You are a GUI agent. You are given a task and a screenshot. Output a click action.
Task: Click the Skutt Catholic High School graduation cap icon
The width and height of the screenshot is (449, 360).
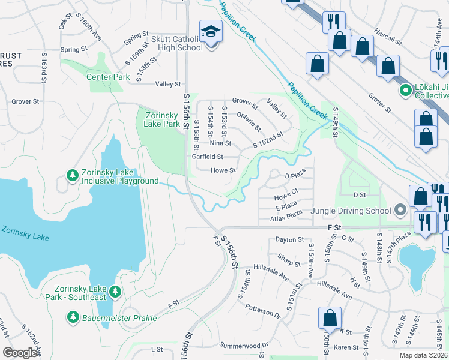[211, 31]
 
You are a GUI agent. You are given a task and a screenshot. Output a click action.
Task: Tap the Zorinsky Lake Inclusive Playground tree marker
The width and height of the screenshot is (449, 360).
[73, 175]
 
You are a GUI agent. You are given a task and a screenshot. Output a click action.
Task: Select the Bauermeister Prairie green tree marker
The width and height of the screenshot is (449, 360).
[73, 316]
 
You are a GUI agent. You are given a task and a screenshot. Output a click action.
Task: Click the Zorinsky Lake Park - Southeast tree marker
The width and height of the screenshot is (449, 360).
[115, 292]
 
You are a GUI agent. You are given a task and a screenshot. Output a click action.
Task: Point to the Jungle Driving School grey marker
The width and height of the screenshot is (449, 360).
[400, 211]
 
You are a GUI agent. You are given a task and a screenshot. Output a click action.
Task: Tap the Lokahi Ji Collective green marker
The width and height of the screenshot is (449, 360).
[405, 91]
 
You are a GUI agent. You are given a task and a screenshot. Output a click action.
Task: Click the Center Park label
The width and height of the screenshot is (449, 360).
[108, 77]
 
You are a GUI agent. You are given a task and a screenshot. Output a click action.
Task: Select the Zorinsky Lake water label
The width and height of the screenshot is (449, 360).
[25, 233]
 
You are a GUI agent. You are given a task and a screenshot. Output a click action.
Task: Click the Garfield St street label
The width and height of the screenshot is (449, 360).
[207, 157]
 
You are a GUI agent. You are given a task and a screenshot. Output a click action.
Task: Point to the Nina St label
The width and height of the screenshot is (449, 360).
[220, 143]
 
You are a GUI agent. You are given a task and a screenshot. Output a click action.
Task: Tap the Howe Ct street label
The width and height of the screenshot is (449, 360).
[286, 197]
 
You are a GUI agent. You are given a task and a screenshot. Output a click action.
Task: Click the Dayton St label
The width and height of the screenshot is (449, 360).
[289, 239]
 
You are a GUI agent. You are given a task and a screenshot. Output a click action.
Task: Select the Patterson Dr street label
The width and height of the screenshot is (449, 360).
[263, 310]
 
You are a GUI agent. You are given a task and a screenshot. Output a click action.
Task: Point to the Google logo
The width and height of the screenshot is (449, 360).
[20, 353]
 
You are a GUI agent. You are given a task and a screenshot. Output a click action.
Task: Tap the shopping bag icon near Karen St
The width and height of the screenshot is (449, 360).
[330, 319]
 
